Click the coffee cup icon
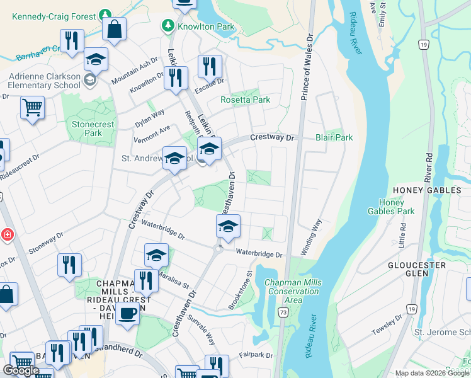(127, 313)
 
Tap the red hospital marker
(7, 235)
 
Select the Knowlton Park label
(198, 26)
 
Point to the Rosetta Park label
(245, 100)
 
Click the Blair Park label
(334, 137)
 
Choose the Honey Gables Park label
(395, 207)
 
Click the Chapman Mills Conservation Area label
(291, 291)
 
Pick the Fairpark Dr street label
(256, 355)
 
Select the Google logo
(21, 370)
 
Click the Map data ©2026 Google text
(431, 373)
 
